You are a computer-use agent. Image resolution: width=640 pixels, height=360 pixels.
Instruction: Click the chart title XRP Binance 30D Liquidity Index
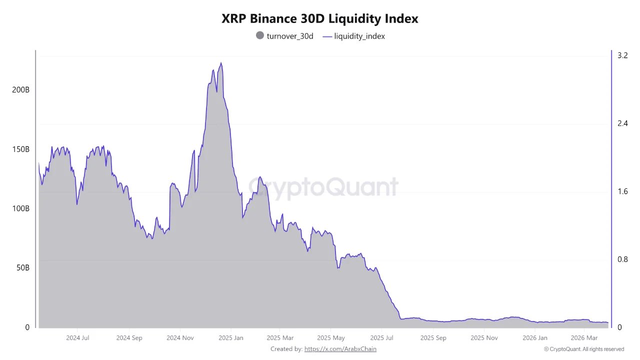(x=320, y=19)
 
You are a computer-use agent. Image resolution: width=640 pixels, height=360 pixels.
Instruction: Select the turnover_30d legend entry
(x=284, y=36)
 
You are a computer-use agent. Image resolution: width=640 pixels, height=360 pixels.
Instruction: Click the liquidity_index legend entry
(x=354, y=36)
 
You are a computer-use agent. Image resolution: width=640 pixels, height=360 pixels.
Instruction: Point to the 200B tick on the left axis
(x=20, y=90)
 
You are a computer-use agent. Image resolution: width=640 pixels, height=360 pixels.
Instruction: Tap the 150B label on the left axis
(x=20, y=149)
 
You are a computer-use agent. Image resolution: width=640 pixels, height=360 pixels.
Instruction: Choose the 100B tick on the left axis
(x=20, y=208)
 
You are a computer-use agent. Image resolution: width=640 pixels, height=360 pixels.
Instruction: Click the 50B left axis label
(x=22, y=268)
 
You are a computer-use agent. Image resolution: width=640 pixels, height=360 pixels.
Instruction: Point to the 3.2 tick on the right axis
(x=622, y=55)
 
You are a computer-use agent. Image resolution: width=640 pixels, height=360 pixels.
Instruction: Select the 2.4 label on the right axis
(x=622, y=123)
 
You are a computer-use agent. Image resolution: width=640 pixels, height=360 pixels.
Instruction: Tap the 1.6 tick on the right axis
(x=622, y=191)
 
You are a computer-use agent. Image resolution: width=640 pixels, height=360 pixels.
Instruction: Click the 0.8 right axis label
(x=622, y=259)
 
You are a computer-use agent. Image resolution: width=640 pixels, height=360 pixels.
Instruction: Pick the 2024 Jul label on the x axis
(x=78, y=338)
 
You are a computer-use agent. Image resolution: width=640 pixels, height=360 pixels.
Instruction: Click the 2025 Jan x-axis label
(x=230, y=338)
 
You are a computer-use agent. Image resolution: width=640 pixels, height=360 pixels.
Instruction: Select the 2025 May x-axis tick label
(x=331, y=338)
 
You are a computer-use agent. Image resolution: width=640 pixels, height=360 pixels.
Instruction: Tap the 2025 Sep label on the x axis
(x=433, y=338)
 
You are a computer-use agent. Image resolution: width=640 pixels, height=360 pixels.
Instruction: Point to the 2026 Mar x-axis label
(x=584, y=338)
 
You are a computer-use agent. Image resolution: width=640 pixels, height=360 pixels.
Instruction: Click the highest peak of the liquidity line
(x=221, y=63)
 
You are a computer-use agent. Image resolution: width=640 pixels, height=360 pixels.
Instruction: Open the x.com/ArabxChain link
(x=340, y=349)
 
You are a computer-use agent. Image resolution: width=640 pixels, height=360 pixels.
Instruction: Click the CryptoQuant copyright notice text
(x=583, y=349)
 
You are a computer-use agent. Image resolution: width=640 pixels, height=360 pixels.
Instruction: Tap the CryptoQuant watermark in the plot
(x=323, y=187)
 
